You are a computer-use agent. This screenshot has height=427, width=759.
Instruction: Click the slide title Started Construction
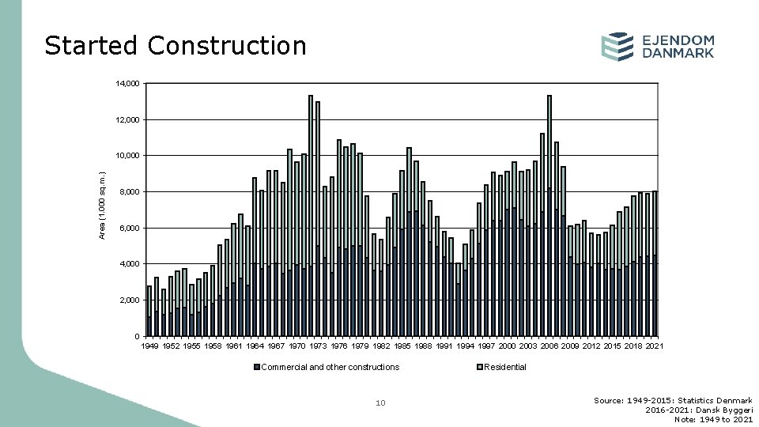pos(175,46)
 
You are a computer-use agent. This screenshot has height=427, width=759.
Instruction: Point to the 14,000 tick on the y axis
pos(128,84)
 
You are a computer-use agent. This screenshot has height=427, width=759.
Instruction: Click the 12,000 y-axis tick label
pos(128,120)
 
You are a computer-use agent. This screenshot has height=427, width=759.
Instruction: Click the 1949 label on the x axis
pos(149,346)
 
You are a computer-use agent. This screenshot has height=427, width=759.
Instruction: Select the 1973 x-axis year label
pos(318,346)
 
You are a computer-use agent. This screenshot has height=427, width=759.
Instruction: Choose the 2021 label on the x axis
pos(654,346)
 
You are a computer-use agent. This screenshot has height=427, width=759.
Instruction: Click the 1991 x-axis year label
pos(444,346)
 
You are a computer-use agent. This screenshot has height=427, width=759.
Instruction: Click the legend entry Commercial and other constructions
pos(330,367)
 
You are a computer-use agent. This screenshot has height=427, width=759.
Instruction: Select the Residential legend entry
pos(504,367)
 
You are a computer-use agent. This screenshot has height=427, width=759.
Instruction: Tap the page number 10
pos(380,403)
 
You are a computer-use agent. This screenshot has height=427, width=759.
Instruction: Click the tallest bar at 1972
pos(311,213)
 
